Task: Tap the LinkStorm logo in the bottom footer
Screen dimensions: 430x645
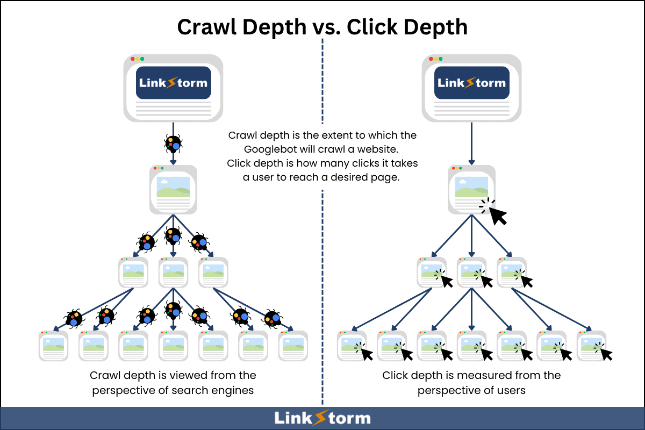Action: click(322, 418)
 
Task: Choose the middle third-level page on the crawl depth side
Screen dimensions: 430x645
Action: click(173, 273)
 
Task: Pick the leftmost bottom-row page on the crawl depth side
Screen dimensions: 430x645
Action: click(54, 346)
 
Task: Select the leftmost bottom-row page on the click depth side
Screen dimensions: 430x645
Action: click(352, 346)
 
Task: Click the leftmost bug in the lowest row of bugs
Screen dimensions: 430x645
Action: click(74, 318)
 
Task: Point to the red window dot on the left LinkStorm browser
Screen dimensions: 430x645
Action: click(133, 59)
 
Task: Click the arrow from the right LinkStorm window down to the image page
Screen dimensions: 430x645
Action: click(471, 142)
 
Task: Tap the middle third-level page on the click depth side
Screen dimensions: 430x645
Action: click(471, 273)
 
